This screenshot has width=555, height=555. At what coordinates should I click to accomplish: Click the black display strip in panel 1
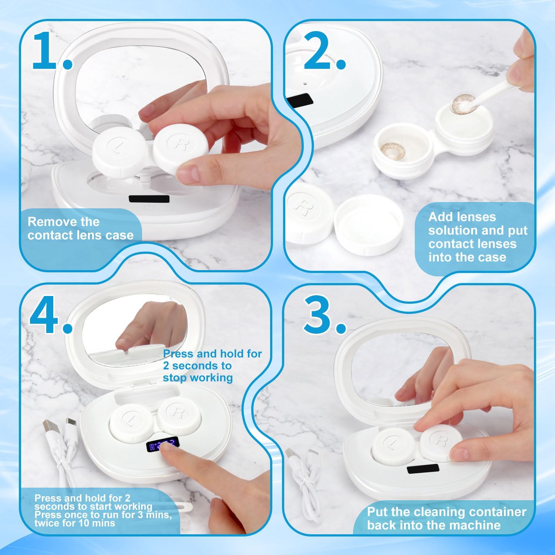tap(149, 199)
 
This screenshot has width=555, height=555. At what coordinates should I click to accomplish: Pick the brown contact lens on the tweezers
tap(462, 103)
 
